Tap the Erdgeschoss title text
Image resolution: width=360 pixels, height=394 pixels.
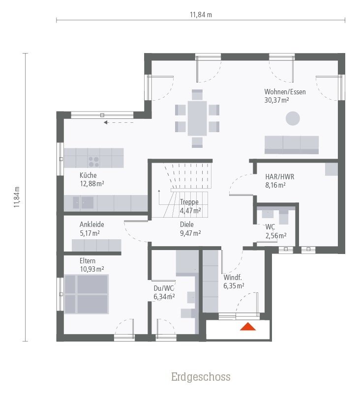coord(201,377)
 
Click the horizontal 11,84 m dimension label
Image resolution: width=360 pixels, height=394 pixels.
coord(201,15)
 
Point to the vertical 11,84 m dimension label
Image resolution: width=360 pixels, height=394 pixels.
coord(17,197)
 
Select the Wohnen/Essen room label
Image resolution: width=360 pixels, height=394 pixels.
coord(285,92)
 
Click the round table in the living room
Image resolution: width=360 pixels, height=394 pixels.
coord(293,118)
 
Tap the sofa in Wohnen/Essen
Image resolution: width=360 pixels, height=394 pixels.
coord(292,144)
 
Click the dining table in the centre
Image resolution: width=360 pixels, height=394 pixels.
coord(197,118)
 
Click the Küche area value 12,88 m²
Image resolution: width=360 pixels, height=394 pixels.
coord(91,184)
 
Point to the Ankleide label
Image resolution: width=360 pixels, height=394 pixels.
coord(91,225)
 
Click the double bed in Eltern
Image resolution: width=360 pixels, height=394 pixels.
coord(86,294)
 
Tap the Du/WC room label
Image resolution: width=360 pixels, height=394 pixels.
coord(164,288)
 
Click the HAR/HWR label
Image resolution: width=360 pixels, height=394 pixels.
coord(279,177)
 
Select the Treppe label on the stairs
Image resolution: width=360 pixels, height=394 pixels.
coord(189,202)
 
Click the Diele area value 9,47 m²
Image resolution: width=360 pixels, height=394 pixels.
coord(190,233)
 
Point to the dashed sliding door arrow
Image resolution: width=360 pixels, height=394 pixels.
coord(119,123)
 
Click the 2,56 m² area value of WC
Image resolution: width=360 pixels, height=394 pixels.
coord(275,236)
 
